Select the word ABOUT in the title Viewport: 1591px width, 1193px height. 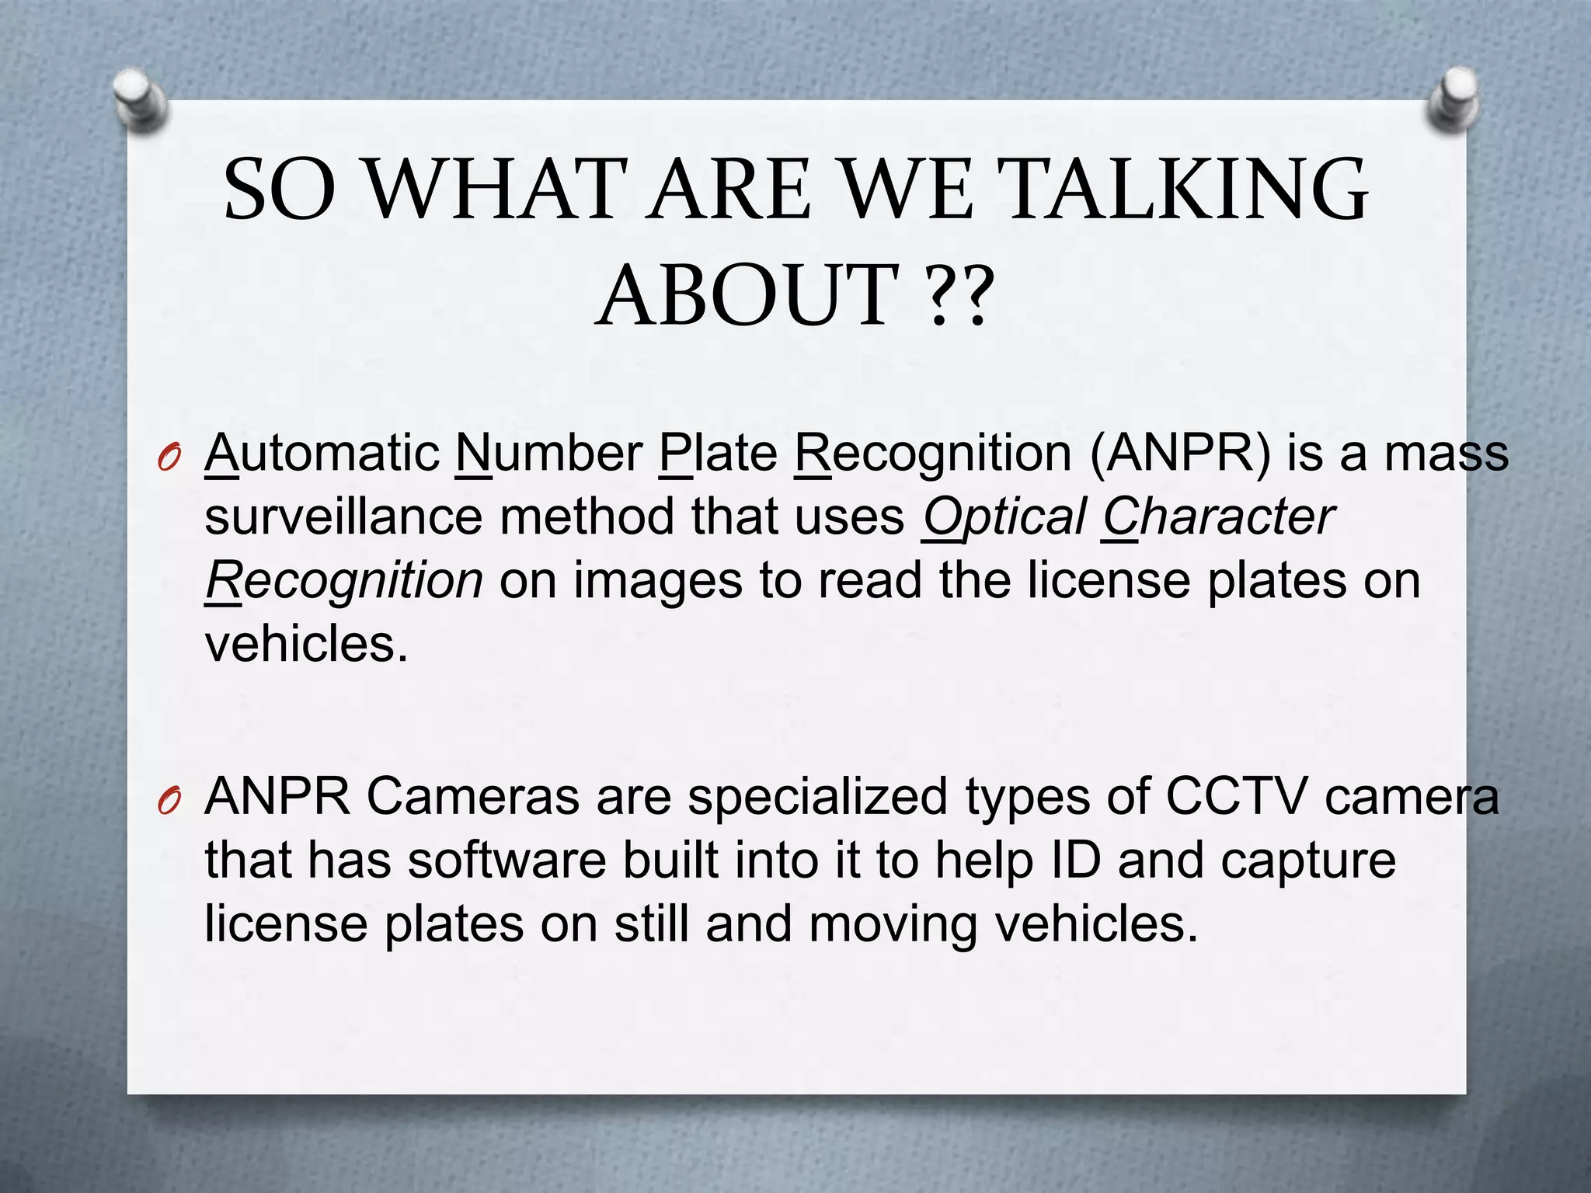748,296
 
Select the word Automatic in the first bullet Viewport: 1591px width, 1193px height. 322,454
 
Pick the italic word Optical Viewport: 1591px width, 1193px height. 1004,517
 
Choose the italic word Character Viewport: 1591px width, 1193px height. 1218,517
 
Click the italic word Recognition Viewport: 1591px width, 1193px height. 344,582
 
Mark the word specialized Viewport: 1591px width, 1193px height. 817,797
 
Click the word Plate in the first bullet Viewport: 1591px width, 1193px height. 718,454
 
